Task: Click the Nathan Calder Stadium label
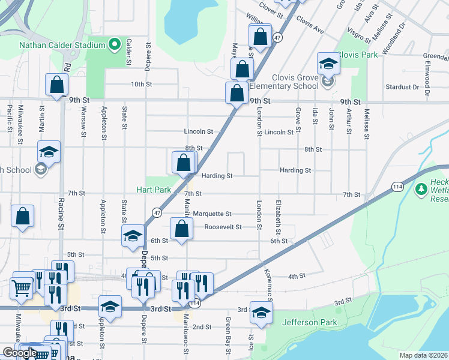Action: (62, 44)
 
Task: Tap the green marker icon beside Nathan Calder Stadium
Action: (114, 44)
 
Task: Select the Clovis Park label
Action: (357, 55)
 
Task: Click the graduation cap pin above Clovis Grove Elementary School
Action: (328, 63)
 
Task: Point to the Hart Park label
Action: (154, 190)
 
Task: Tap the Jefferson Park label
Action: (310, 322)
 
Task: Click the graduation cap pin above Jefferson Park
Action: (261, 312)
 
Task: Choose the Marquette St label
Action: (212, 214)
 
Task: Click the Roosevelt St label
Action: (223, 227)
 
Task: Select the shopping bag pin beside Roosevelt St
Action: (181, 229)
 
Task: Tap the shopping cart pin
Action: (22, 288)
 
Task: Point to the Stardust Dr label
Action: (402, 87)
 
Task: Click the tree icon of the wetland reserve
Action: (421, 190)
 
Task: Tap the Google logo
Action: (19, 353)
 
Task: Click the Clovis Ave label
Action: (310, 25)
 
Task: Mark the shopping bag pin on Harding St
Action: (184, 162)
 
